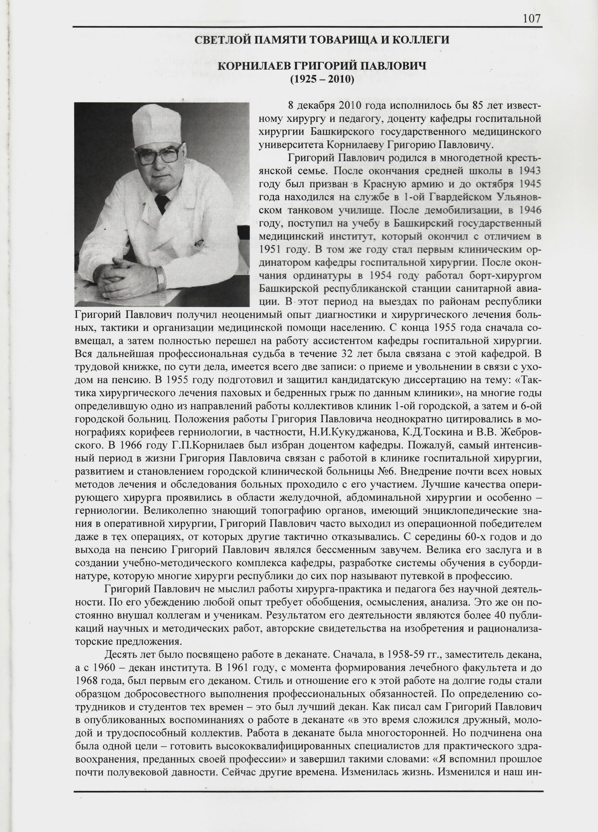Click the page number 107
[532, 18]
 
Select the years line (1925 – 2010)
[322, 79]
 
